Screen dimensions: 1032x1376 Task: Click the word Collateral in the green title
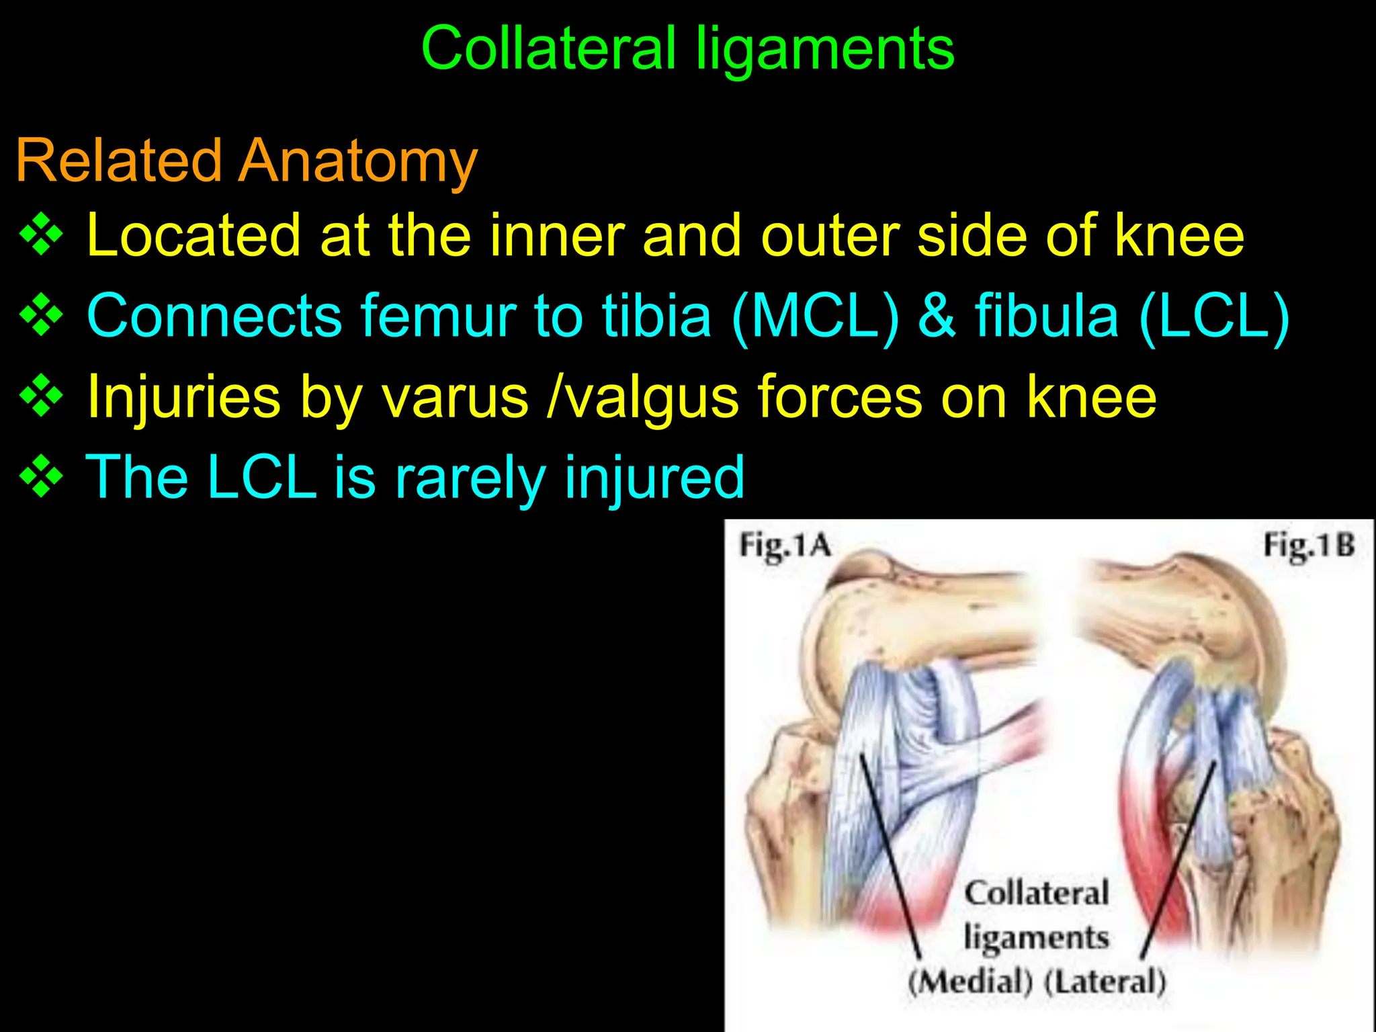(548, 48)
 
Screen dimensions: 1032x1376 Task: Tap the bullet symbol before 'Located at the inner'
(42, 235)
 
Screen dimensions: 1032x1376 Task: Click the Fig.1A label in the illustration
(785, 546)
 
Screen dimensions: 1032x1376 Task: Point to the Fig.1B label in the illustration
(1309, 546)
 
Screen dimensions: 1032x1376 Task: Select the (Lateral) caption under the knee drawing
(1105, 982)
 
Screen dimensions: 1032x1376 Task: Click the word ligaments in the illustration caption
(1036, 938)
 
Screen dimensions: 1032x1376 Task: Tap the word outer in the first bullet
(830, 235)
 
